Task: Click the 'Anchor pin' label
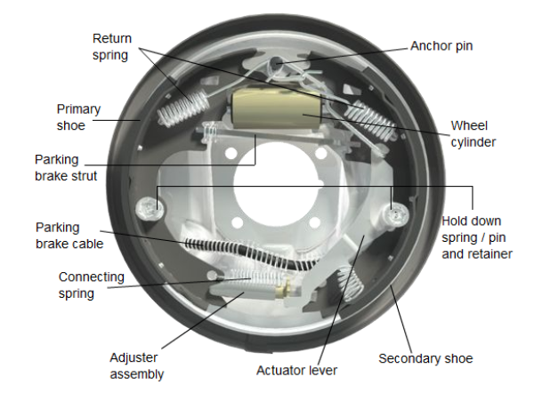441,45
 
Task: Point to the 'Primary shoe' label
78,117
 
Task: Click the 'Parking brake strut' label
69,167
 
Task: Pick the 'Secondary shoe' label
425,358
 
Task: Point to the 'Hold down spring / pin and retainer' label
477,236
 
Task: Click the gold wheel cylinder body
274,108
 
